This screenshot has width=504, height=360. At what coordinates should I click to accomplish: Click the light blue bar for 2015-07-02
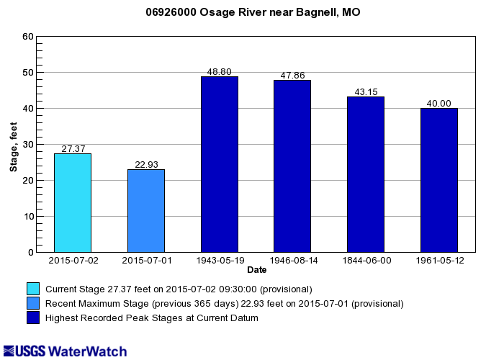point(73,203)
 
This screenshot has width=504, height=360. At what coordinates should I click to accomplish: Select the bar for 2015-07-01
point(146,211)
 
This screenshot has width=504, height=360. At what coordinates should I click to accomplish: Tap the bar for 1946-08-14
point(292,166)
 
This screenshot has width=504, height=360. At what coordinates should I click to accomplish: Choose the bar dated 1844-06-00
point(366,174)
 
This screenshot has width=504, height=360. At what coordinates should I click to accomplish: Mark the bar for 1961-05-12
point(439,180)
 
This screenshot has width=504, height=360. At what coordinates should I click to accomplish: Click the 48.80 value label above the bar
point(220,72)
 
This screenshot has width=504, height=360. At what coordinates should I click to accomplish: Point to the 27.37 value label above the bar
point(73,149)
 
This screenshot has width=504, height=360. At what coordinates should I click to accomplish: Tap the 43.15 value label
point(366,92)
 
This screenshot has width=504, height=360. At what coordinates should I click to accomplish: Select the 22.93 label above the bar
point(146,165)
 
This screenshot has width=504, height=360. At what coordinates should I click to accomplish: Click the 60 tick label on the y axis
point(28,37)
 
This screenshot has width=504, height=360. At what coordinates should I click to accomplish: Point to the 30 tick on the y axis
point(28,145)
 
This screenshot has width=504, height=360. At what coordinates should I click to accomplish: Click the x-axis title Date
point(256,270)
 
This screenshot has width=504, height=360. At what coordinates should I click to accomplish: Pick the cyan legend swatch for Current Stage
point(33,289)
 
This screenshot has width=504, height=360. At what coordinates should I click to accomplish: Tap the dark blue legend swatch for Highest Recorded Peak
point(33,318)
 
